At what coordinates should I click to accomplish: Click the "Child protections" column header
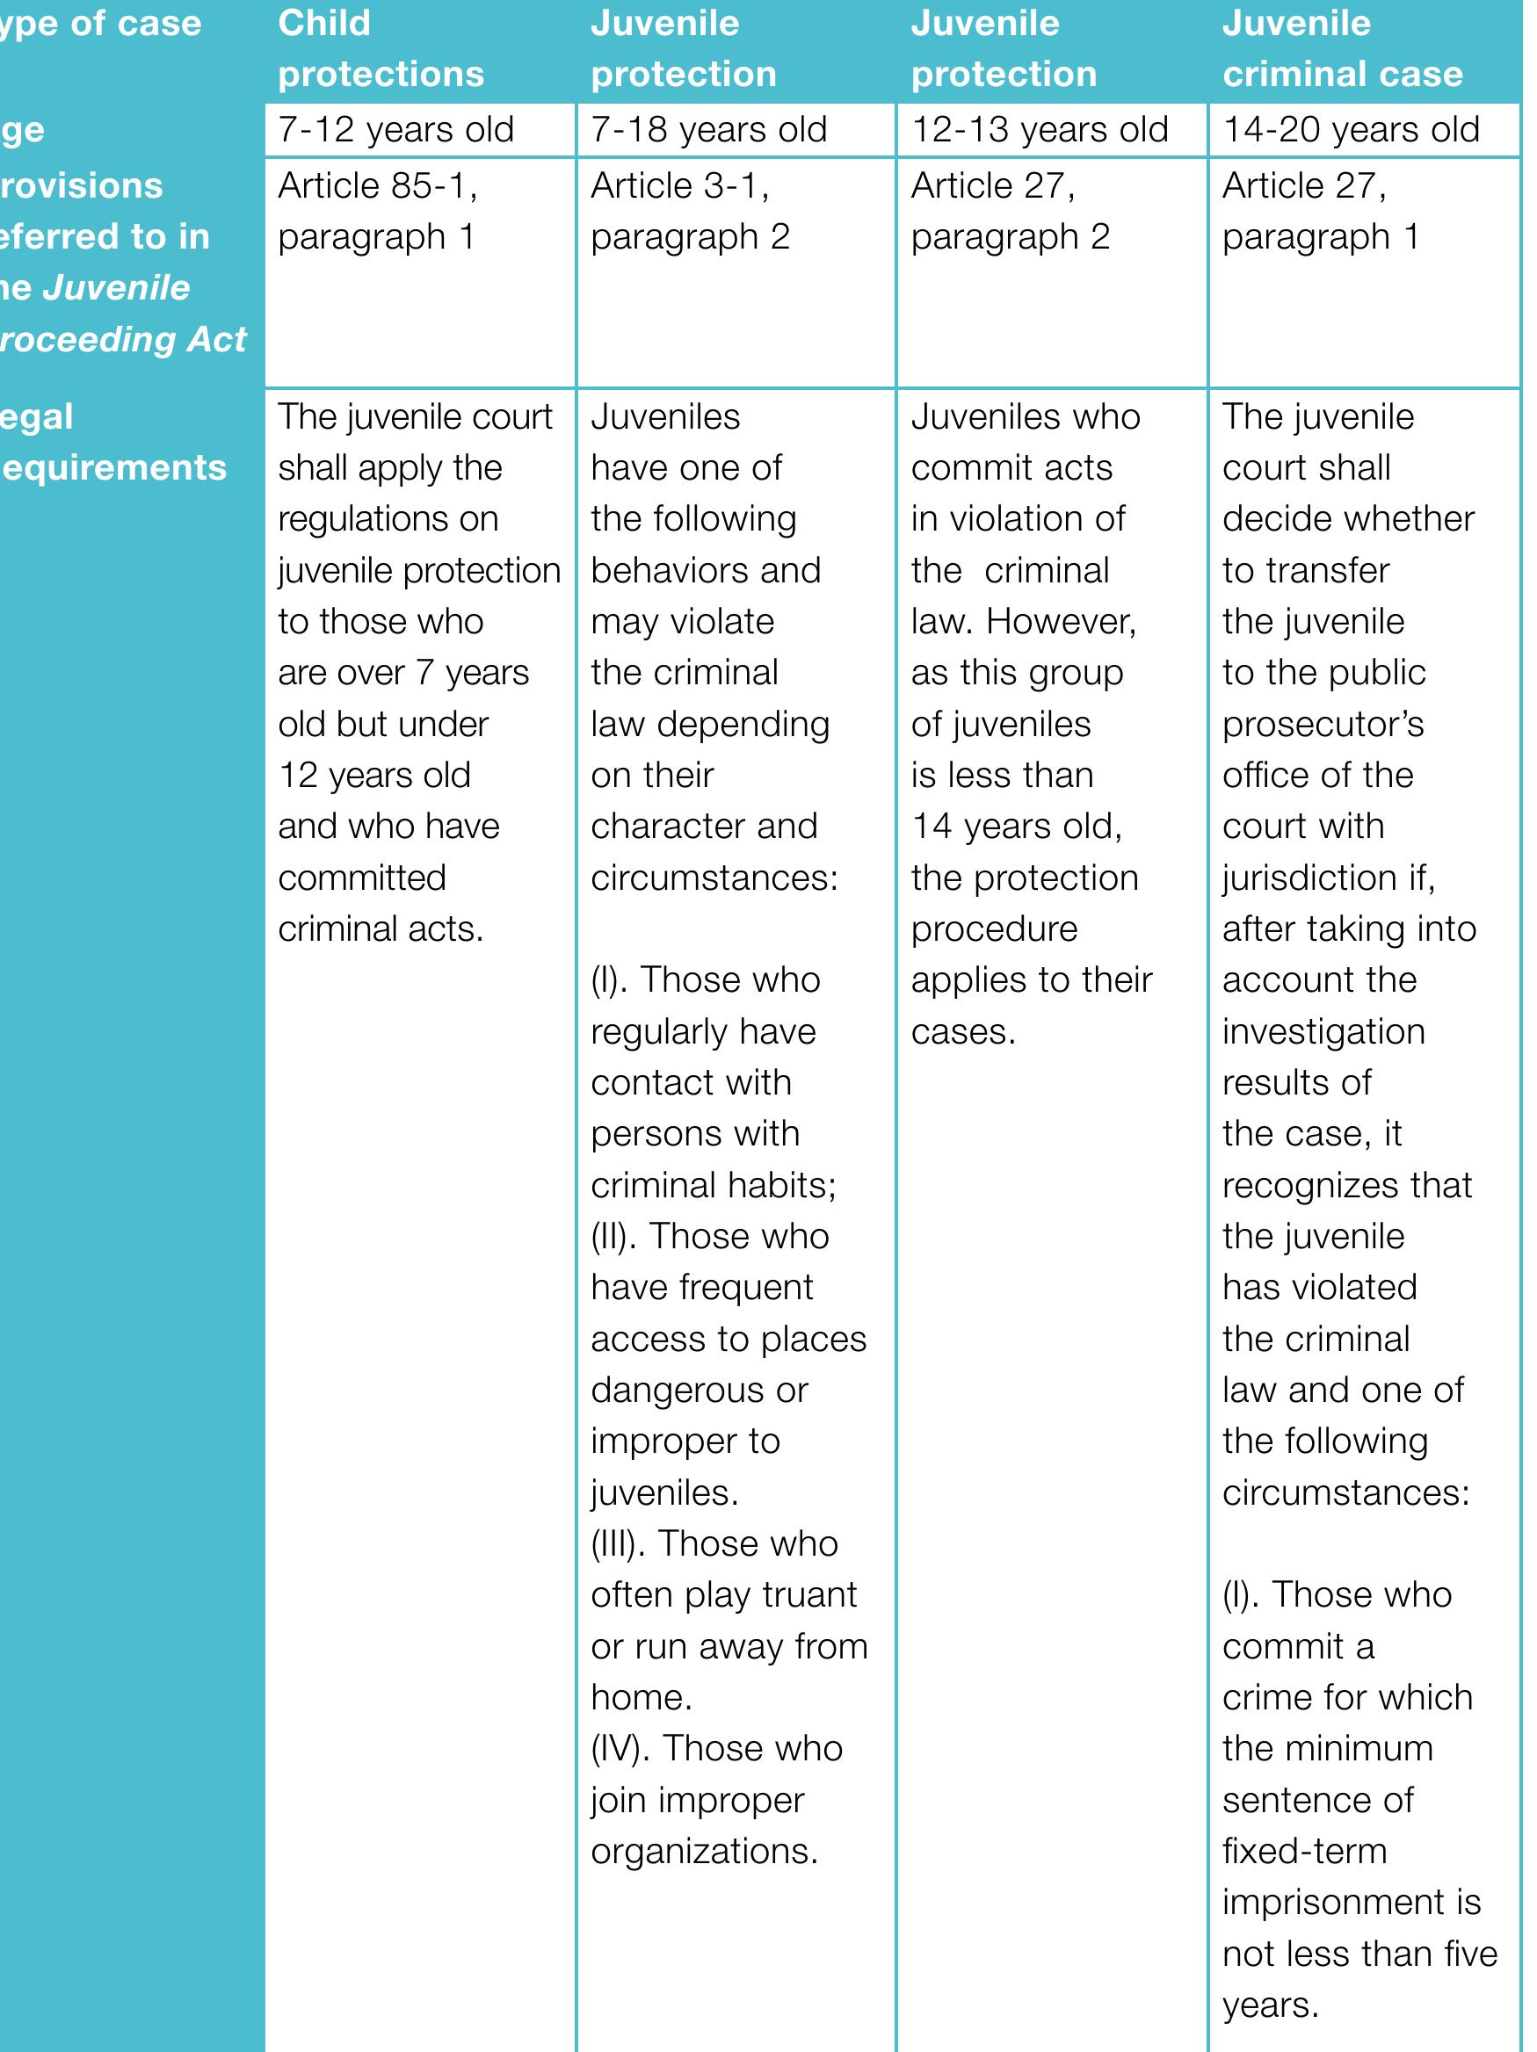coord(381,48)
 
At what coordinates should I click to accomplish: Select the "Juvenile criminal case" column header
coord(1342,48)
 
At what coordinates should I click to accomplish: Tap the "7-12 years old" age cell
coord(395,130)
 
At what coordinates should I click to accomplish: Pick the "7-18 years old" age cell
coord(708,130)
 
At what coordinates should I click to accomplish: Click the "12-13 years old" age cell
coord(1040,130)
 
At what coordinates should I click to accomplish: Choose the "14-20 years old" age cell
coord(1351,130)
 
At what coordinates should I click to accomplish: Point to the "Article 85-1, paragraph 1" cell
coord(378,212)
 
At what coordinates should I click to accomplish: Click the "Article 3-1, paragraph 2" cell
coord(690,212)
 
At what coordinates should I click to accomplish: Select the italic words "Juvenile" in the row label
coord(116,287)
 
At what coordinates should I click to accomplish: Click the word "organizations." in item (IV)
coord(705,1850)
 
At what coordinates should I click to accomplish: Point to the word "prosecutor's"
coord(1323,724)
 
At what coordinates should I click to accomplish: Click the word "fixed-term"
coord(1304,1850)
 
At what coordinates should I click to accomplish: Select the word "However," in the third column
coord(1061,621)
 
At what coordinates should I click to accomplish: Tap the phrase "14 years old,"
coord(1016,826)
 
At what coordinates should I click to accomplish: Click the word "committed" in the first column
coord(362,877)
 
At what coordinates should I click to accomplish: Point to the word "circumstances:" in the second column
coord(714,877)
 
